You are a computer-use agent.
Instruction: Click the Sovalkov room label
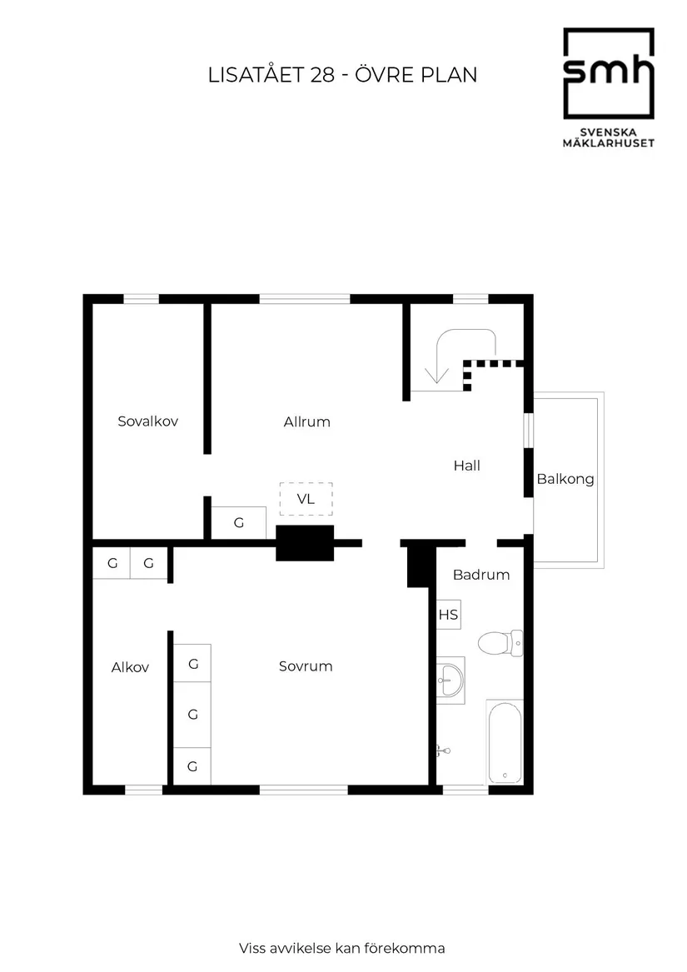(148, 421)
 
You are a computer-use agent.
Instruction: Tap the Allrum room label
(306, 421)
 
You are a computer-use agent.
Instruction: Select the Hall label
(467, 466)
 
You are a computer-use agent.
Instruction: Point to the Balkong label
(565, 479)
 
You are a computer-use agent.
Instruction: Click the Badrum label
(481, 575)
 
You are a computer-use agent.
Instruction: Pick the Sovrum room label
(306, 666)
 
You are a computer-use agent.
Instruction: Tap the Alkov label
(130, 667)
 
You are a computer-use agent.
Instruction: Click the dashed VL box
(306, 500)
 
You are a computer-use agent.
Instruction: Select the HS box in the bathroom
(449, 616)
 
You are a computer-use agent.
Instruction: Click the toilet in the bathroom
(497, 643)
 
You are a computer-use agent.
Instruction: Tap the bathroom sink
(450, 679)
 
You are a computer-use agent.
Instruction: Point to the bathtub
(505, 741)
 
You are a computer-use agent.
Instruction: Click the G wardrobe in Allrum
(239, 523)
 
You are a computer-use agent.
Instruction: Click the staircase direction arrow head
(432, 380)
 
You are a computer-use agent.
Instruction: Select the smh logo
(608, 74)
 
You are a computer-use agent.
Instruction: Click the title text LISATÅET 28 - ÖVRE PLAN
(342, 75)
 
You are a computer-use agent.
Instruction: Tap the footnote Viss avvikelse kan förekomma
(342, 948)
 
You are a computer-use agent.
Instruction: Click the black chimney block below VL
(305, 542)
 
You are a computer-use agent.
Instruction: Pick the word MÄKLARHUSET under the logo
(608, 143)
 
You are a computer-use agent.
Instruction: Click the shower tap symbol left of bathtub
(443, 750)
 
